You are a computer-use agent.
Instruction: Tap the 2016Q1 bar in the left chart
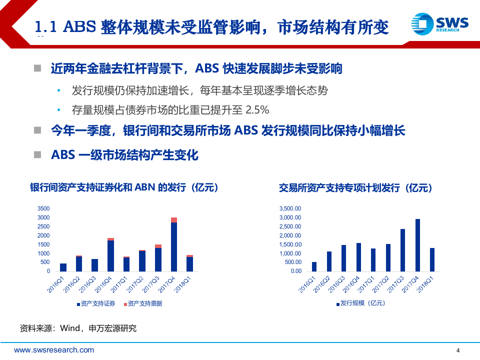(x=63, y=267)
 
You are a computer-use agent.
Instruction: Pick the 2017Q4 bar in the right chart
(x=417, y=245)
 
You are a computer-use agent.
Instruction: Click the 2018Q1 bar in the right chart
(x=432, y=259)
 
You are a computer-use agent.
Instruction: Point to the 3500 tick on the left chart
(x=43, y=208)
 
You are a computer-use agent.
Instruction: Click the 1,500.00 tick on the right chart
(x=290, y=244)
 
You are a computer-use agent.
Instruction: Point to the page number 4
(x=458, y=350)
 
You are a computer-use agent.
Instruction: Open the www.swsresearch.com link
(x=54, y=350)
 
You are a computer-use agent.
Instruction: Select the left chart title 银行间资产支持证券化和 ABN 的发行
(x=117, y=188)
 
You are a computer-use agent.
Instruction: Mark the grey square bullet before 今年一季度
(x=37, y=130)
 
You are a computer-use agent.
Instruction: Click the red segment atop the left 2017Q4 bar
(x=174, y=220)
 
